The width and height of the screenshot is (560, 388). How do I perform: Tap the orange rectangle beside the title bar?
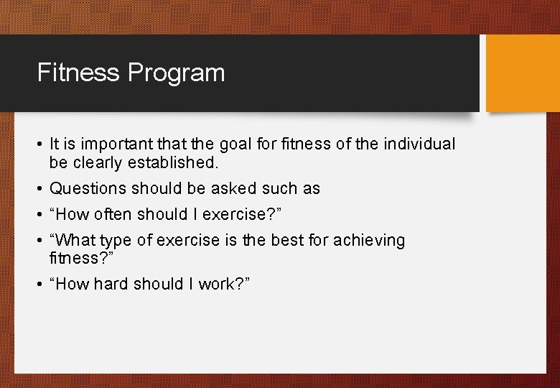tap(522, 73)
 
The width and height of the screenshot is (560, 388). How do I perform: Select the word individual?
tap(419, 144)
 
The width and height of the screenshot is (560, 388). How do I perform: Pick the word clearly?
tap(98, 163)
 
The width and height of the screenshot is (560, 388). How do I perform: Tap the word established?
tap(173, 163)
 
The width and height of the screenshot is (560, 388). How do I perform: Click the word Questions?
tap(87, 189)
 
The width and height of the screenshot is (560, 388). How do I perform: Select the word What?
tap(77, 241)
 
